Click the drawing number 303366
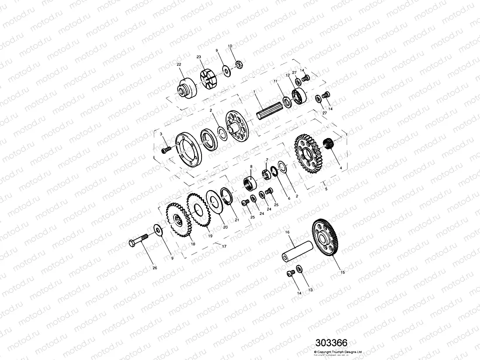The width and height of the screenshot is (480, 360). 331,343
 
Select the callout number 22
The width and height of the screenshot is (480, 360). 179,65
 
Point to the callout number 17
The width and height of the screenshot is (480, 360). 224,246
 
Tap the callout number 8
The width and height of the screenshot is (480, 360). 251,167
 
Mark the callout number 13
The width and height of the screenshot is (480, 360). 310,290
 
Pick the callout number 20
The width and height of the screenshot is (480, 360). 226,227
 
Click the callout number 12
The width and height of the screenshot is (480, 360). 287,75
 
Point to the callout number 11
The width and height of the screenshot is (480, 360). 276,82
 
